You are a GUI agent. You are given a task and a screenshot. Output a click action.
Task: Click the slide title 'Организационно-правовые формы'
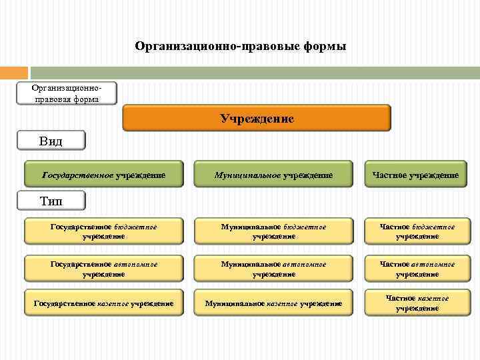click(240, 47)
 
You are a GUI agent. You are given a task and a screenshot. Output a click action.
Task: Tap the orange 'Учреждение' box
click(257, 119)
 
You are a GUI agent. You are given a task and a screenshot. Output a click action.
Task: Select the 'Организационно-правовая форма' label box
click(67, 93)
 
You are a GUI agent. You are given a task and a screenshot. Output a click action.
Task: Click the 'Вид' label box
click(51, 141)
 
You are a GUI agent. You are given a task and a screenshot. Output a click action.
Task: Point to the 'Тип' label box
click(51, 199)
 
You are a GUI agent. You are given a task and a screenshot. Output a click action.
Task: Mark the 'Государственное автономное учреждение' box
click(103, 269)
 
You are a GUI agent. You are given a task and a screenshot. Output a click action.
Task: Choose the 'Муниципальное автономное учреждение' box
click(273, 269)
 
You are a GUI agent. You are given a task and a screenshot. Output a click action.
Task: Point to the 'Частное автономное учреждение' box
click(417, 269)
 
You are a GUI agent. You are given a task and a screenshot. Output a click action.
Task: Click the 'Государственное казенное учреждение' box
click(103, 303)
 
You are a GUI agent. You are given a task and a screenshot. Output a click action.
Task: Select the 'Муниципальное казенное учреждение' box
click(273, 303)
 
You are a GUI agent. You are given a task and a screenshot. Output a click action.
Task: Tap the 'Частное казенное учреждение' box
click(417, 303)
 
